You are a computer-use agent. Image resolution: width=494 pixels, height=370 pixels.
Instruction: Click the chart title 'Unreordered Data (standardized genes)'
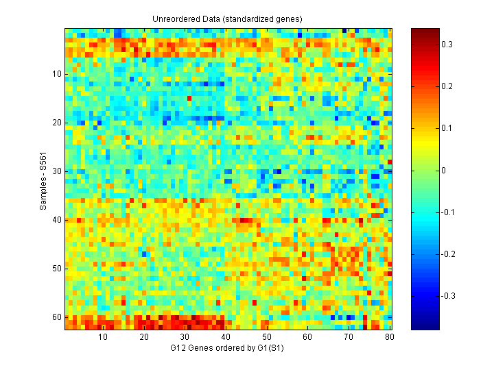pos(227,18)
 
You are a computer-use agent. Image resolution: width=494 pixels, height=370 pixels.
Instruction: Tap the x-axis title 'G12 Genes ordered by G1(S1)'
pos(227,349)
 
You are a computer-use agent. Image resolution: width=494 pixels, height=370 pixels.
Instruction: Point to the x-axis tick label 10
pos(103,337)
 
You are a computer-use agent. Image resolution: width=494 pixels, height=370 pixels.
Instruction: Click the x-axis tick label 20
pos(144,337)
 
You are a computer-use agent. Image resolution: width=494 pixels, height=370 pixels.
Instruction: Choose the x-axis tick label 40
pos(226,337)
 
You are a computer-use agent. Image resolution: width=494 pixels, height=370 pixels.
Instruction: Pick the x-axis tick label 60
pos(307,337)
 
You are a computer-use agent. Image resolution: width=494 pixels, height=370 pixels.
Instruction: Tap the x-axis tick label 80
pos(389,337)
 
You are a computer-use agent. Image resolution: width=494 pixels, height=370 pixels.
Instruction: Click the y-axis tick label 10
pos(57,74)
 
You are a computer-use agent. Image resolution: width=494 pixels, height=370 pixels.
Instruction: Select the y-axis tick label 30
pos(57,171)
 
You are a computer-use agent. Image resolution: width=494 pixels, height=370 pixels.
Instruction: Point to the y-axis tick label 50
pos(57,269)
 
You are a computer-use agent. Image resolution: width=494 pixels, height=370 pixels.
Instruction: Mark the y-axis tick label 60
pos(57,317)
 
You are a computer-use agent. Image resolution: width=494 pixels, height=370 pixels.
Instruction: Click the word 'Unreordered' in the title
pos(174,18)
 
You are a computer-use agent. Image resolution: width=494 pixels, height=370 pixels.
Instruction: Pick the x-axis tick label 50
pos(267,337)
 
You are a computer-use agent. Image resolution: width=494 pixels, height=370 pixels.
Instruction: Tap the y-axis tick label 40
pos(57,220)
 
